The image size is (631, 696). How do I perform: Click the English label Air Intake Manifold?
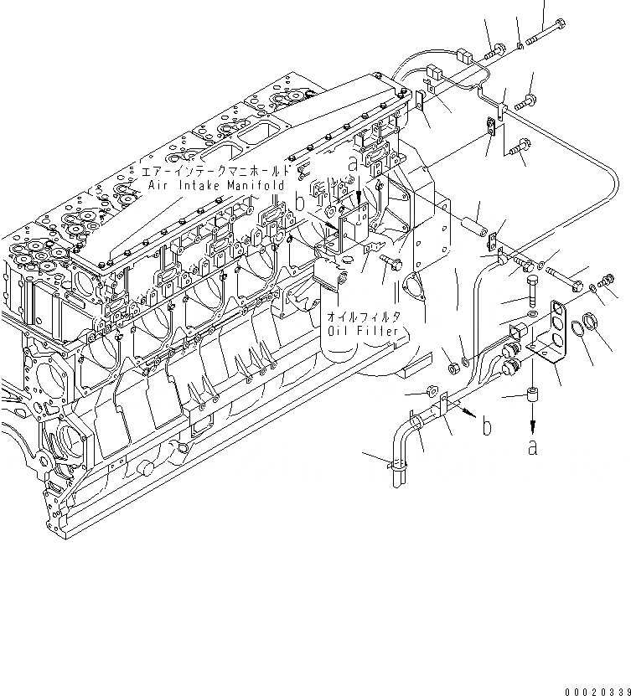pos(216,184)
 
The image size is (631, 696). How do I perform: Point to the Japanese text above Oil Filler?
pos(362,316)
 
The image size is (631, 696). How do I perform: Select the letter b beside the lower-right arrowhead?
pos(486,427)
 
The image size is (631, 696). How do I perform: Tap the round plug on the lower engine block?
pos(147,466)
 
